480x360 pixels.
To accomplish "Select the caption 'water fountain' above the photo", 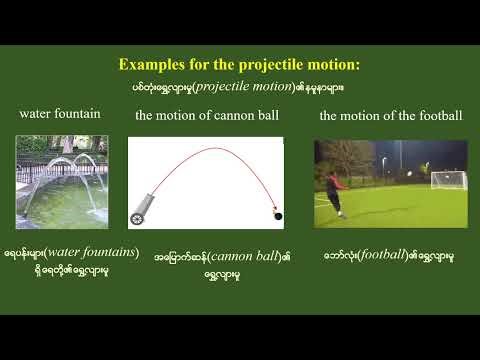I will [60, 114].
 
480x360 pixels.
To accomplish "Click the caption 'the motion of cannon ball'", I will [206, 116].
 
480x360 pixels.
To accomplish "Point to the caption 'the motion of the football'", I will [391, 116].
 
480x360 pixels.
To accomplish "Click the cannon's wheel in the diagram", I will [138, 216].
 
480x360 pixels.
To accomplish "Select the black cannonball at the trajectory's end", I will [278, 214].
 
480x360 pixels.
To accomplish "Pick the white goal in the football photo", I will [448, 181].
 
